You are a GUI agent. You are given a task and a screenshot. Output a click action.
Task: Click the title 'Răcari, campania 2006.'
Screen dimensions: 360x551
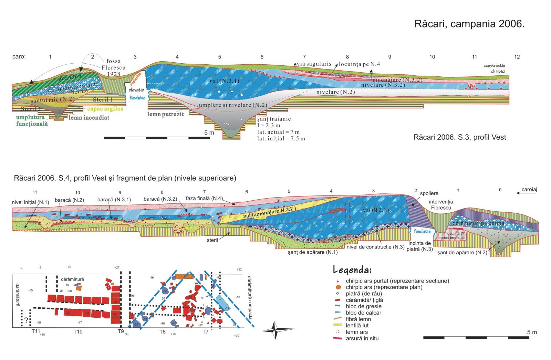click(x=469, y=24)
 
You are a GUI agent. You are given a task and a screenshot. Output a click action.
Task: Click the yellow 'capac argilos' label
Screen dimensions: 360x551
click(x=105, y=109)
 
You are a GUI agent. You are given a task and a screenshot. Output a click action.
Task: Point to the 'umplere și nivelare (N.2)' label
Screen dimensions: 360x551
click(x=233, y=105)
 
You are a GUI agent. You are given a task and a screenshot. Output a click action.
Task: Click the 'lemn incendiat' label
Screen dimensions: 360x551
click(x=89, y=118)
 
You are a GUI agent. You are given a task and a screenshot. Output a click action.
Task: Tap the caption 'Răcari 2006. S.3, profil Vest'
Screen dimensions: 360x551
click(x=460, y=137)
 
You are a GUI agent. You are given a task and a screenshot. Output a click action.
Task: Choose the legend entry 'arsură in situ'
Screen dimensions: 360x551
click(x=362, y=338)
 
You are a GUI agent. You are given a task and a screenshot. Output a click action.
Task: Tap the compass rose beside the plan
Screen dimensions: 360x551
click(x=274, y=330)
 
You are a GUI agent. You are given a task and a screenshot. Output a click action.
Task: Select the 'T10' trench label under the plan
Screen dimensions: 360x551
click(x=78, y=331)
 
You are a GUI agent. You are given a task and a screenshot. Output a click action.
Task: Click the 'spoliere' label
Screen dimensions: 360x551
click(x=429, y=193)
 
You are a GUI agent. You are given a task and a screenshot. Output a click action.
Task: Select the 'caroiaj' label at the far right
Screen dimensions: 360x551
click(x=529, y=189)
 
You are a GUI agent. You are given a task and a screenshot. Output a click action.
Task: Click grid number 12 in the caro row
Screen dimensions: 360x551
click(x=517, y=57)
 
